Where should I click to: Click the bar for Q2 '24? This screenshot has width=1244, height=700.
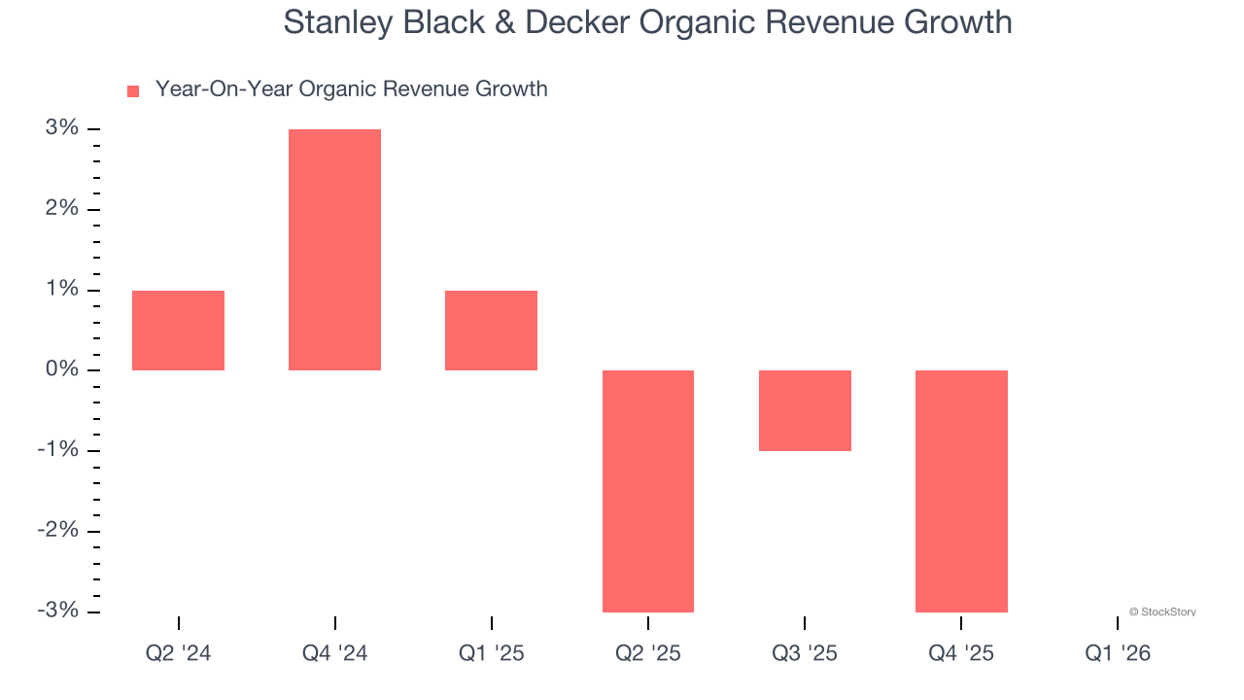[x=178, y=331]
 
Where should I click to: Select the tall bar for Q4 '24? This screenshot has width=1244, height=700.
[x=334, y=250]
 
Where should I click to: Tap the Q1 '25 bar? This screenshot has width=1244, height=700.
[x=491, y=331]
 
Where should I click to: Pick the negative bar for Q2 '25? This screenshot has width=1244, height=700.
[x=648, y=491]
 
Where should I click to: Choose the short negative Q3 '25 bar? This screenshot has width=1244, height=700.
[x=805, y=410]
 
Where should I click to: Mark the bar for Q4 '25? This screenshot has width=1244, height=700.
[x=961, y=491]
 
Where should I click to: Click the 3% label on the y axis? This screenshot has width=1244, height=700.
[x=60, y=128]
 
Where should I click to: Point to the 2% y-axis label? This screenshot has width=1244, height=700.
[x=60, y=209]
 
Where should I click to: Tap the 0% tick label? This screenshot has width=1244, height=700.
[x=60, y=369]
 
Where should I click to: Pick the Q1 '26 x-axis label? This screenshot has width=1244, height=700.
[x=1118, y=653]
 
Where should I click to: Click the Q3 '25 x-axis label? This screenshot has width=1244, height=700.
[x=805, y=653]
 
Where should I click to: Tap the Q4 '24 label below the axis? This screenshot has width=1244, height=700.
[x=334, y=653]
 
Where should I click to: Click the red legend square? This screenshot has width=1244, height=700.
[x=133, y=90]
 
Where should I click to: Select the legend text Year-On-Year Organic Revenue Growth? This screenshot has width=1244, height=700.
[x=351, y=89]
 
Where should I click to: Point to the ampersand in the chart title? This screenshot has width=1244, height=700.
[x=502, y=21]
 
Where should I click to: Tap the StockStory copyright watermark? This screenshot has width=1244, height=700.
[x=1162, y=612]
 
